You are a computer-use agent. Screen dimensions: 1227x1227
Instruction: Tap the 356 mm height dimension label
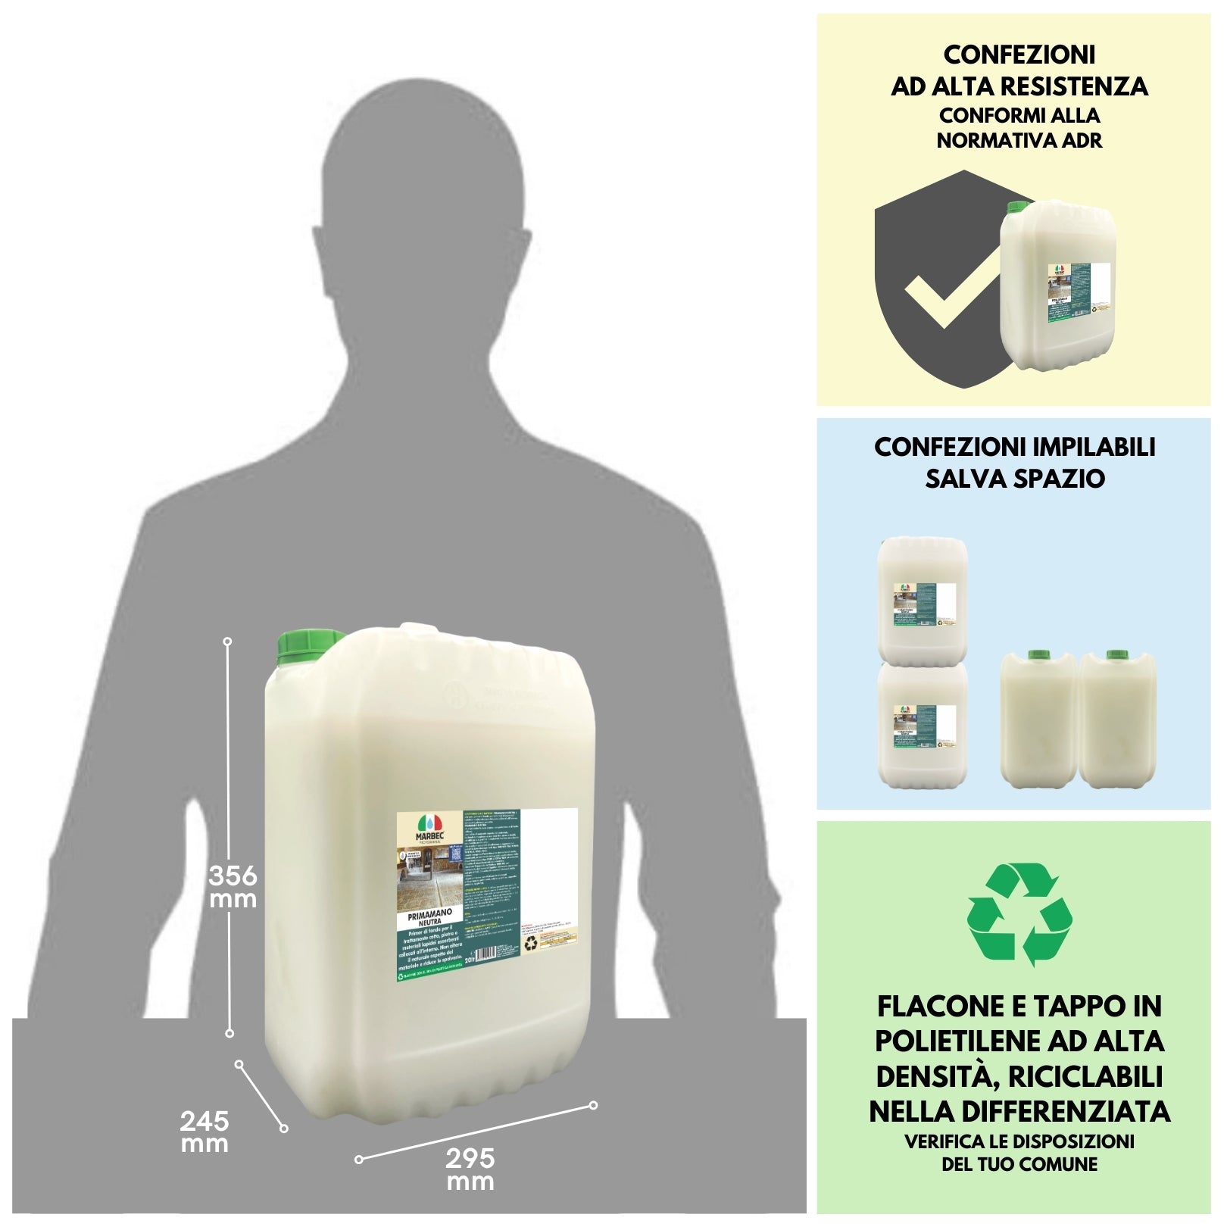pyautogui.click(x=233, y=887)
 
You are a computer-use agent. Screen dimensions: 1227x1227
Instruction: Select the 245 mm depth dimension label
pyautogui.click(x=204, y=1132)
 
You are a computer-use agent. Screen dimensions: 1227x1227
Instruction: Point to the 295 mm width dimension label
pyautogui.click(x=470, y=1169)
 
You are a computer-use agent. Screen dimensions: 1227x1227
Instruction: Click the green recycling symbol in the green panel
pyautogui.click(x=1019, y=914)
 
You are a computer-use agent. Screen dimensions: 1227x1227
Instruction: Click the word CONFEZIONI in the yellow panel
pyautogui.click(x=1019, y=55)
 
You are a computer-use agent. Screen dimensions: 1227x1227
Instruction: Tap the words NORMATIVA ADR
pyautogui.click(x=1019, y=141)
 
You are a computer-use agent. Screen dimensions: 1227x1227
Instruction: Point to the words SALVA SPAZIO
pyautogui.click(x=1014, y=479)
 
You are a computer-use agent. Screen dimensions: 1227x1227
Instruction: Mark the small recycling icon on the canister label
pyautogui.click(x=531, y=944)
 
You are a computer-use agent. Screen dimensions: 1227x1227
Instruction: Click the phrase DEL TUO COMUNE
pyautogui.click(x=1019, y=1164)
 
